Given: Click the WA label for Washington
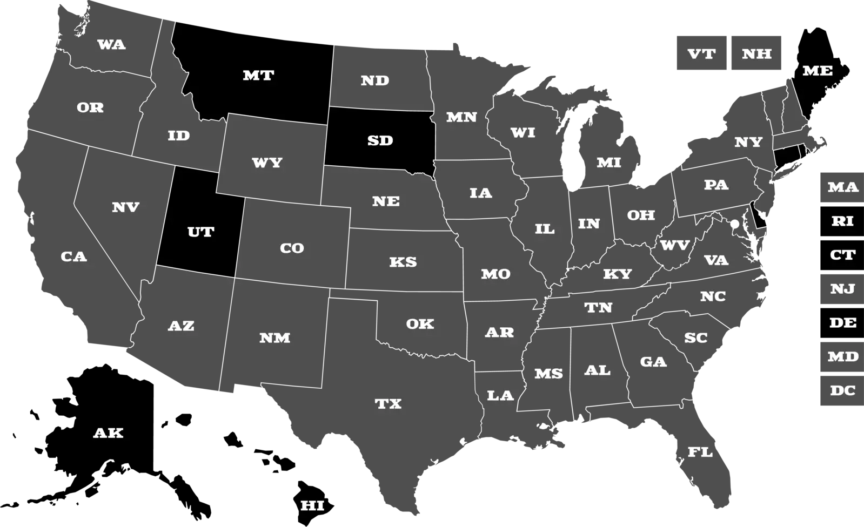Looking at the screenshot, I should [x=111, y=45].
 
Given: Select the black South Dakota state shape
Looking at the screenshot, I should [x=380, y=141].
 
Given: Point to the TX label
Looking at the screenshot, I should [x=388, y=404].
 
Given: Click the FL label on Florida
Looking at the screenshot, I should [x=700, y=452].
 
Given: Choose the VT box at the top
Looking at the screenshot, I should [x=701, y=54].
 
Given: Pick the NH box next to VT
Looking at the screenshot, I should [x=756, y=54].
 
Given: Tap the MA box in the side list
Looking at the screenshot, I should [x=842, y=187].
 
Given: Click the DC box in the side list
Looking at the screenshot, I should [x=842, y=390].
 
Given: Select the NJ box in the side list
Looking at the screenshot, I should [x=842, y=289].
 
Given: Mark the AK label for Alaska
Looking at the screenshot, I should [x=108, y=433].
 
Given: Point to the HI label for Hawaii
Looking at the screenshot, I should [x=312, y=506].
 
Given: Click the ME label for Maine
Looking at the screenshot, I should [x=818, y=71].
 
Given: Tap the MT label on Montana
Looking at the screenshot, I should [x=258, y=76].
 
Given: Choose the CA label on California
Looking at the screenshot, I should [x=73, y=256].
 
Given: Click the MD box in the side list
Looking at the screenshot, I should [x=842, y=356].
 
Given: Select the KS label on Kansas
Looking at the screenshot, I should [x=403, y=262].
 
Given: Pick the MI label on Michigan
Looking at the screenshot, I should [x=609, y=163].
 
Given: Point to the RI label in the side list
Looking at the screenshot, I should [x=842, y=221].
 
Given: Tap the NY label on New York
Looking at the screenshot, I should [x=748, y=142].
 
